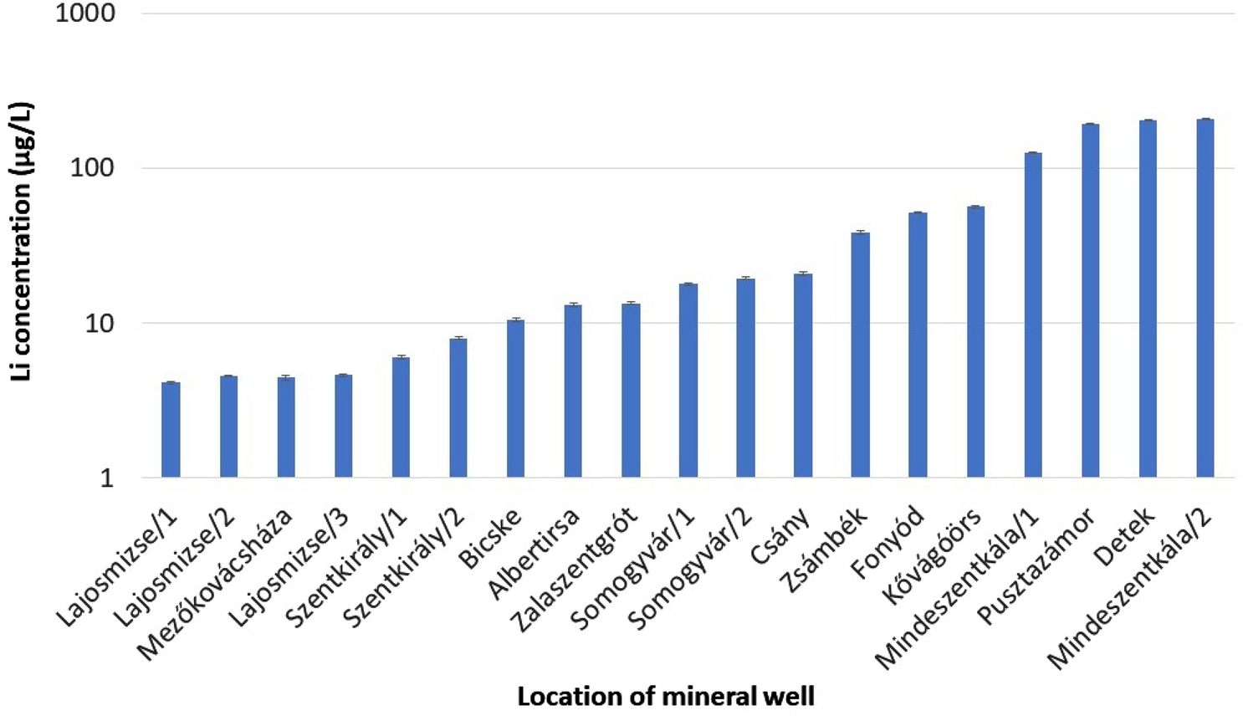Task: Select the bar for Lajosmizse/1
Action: pos(171,430)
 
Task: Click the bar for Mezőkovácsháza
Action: pos(286,427)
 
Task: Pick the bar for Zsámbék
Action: pos(860,355)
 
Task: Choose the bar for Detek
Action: pos(1148,299)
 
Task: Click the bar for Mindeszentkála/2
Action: pos(1205,298)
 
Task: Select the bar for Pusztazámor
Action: pos(1090,300)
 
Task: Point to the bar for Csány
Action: pos(803,376)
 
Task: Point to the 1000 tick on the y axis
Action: pos(85,13)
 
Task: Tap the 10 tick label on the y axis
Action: pos(100,323)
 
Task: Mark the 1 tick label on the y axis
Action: pos(106,478)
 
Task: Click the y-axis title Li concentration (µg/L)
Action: pos(21,242)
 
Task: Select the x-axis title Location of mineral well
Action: pos(665,697)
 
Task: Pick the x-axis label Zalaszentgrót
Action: pos(575,570)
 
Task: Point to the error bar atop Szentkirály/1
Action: pos(401,357)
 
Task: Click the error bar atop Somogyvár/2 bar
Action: pos(745,279)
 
